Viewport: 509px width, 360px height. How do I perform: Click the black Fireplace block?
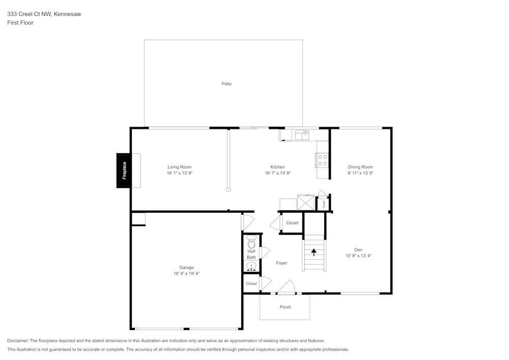point(124,171)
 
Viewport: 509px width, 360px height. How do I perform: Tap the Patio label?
point(227,84)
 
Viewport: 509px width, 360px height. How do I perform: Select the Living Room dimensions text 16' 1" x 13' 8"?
point(179,173)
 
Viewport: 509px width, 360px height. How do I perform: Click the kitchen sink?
point(303,135)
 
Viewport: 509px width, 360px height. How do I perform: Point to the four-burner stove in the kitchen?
point(322,160)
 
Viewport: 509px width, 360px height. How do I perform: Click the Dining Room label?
point(360,167)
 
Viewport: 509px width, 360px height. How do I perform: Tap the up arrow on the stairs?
point(314,251)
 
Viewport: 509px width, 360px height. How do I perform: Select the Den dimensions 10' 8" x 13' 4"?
point(358,256)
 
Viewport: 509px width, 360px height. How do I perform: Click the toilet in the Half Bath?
point(251,242)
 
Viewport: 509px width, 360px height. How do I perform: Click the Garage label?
point(186,267)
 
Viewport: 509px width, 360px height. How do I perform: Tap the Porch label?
point(286,307)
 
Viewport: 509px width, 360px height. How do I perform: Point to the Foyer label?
point(281,263)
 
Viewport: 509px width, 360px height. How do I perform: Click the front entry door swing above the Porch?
point(286,287)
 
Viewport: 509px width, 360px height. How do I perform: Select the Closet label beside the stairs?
point(292,223)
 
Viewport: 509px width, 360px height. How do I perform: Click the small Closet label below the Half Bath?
point(251,284)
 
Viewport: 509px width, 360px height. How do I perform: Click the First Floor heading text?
point(20,23)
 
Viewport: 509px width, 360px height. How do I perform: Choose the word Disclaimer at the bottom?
point(18,341)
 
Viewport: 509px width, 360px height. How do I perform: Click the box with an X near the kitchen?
point(305,202)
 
